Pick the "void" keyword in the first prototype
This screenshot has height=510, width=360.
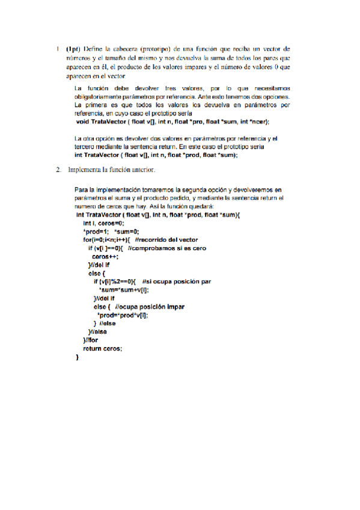tap(83, 120)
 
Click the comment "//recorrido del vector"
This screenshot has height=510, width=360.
tap(162, 239)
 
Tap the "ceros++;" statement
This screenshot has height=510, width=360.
tap(106, 256)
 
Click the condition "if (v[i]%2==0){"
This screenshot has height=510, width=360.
tap(115, 281)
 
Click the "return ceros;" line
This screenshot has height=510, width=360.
tap(102, 348)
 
